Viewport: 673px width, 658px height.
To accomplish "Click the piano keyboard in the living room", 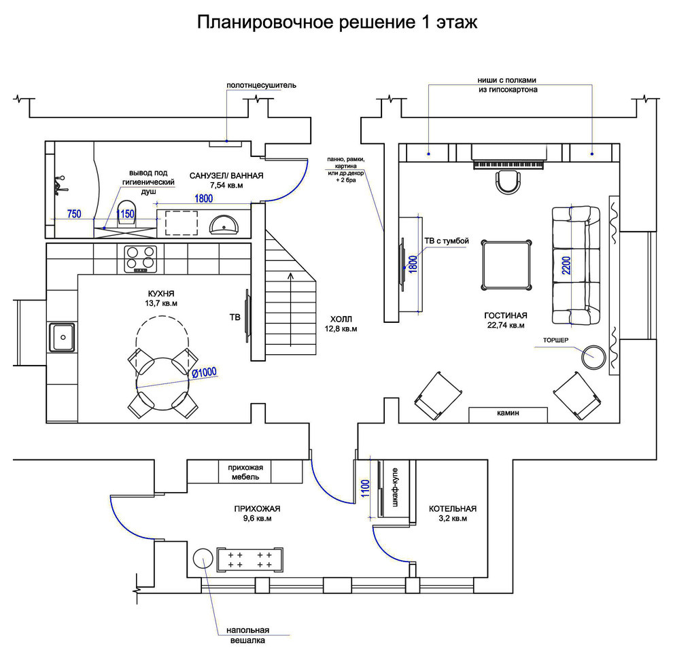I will click(517, 164).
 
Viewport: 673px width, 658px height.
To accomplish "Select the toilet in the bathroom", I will click(125, 213).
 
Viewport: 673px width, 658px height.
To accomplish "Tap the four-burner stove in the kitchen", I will click(141, 258).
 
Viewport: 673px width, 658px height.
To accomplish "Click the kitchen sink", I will click(63, 336).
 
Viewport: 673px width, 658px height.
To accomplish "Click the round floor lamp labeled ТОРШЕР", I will click(593, 356).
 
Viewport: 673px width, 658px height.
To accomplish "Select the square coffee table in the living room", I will click(506, 264).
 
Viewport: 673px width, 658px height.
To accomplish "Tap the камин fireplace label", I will click(508, 413).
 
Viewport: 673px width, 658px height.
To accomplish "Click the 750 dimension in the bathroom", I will click(74, 214).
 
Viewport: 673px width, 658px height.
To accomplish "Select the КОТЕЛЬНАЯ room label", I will click(452, 508).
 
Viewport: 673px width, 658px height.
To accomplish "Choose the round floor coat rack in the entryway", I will click(203, 558).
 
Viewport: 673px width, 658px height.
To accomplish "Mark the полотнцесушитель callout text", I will click(262, 86).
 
